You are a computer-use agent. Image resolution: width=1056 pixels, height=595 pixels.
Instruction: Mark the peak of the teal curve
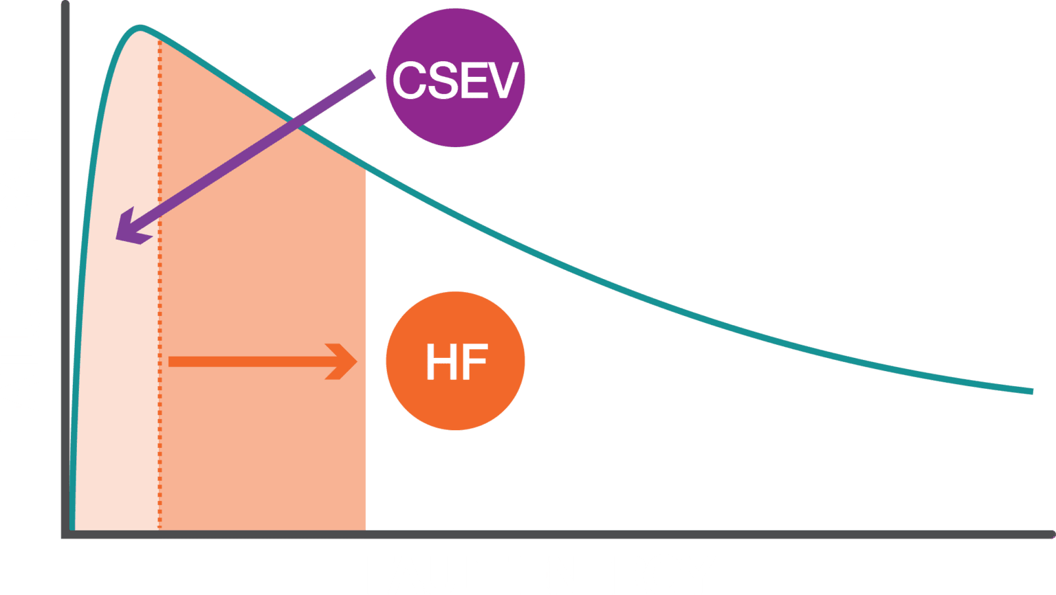140,29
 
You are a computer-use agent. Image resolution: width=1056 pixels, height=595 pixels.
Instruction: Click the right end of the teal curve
1031,391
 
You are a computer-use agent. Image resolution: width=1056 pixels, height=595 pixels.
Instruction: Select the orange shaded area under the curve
227,344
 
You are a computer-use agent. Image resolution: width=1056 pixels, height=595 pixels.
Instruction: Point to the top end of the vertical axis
65,5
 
